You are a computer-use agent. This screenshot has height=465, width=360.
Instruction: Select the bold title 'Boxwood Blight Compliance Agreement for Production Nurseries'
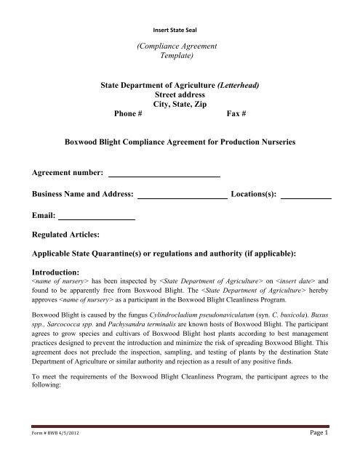[180, 143]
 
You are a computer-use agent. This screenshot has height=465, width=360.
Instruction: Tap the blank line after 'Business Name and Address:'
[182, 195]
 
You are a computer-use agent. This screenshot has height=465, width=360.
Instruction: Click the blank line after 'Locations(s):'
[305, 195]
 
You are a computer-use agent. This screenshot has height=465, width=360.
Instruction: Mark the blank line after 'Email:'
[97, 216]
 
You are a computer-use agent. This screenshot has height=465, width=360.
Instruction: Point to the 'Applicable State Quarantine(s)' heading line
[180, 256]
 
